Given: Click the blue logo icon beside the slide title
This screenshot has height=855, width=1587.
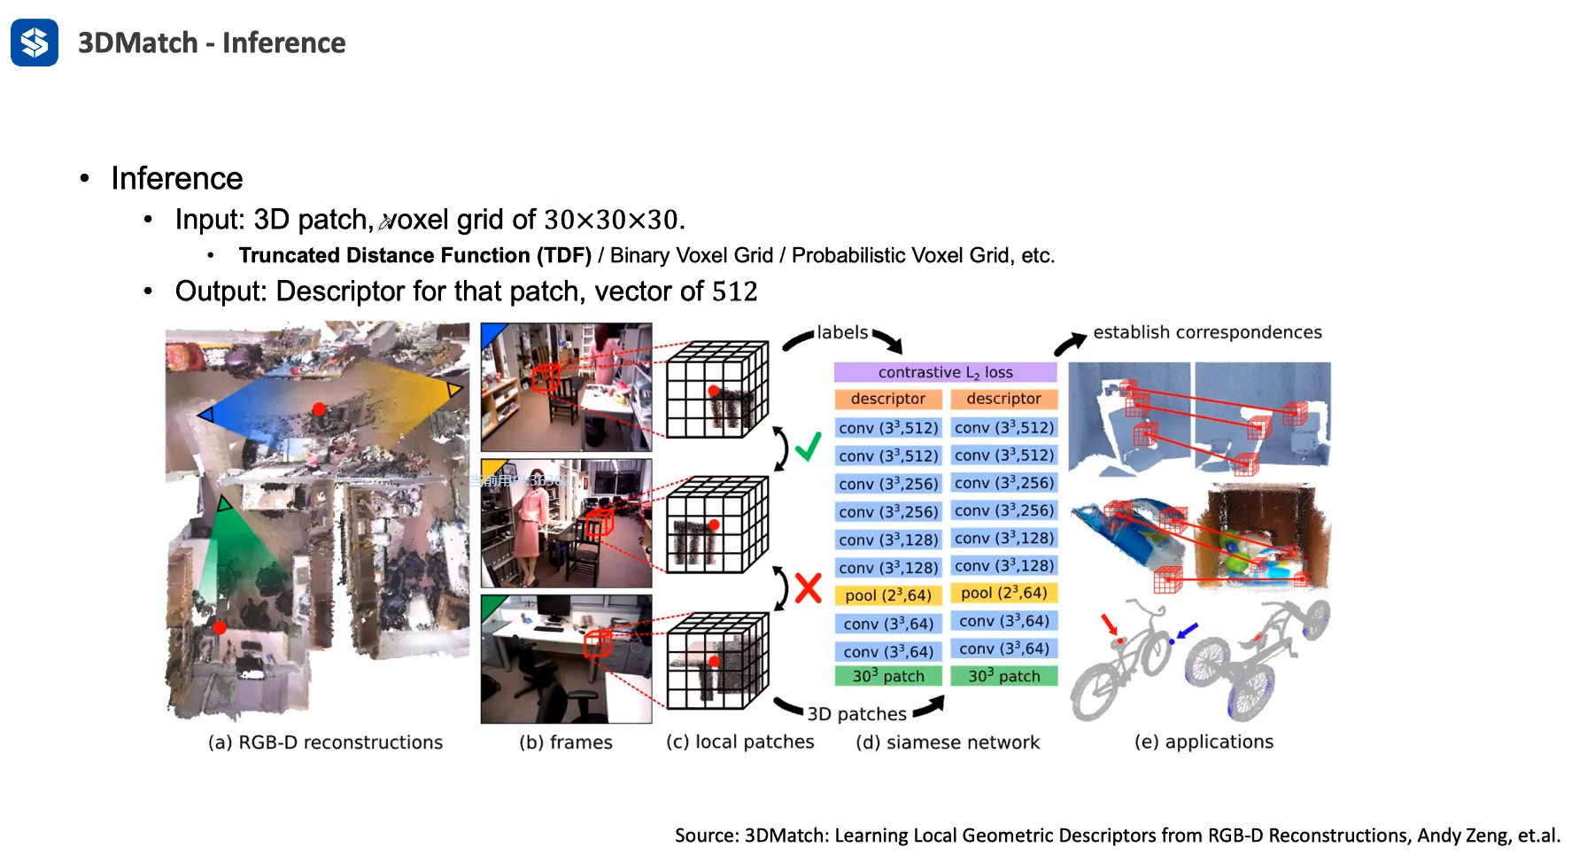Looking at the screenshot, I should tap(35, 43).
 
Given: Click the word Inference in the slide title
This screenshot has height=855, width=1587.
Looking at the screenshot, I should tap(283, 43).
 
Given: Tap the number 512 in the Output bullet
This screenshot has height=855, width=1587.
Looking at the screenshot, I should tap(734, 291).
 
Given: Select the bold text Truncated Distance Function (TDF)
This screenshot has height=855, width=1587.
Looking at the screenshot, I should tap(414, 256).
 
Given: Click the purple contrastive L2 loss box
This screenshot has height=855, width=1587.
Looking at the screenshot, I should tap(945, 372).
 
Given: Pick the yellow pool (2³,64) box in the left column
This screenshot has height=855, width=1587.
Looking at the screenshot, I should tap(887, 595).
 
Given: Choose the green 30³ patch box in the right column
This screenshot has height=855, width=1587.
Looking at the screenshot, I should tap(1003, 676).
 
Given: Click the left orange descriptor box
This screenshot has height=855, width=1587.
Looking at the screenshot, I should tap(887, 399).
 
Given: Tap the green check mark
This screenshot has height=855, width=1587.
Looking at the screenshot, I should tap(808, 446).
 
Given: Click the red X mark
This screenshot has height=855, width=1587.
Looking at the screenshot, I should tap(808, 587).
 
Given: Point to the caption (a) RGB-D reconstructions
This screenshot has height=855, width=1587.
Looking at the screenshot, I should tap(325, 742).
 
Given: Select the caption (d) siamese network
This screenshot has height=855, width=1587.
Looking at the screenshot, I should tap(947, 742).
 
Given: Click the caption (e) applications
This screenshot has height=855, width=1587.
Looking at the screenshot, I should tap(1204, 742).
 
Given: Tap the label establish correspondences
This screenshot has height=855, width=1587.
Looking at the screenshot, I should tap(1206, 332).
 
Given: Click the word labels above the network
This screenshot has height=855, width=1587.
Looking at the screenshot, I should tap(841, 332).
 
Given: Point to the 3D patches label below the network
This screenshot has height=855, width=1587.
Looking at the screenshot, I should tap(856, 714).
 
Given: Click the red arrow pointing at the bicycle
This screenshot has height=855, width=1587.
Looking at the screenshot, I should tap(1109, 624).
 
